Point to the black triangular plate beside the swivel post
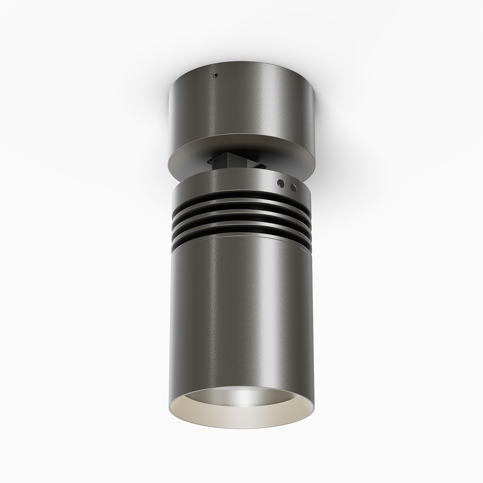click(258, 166)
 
